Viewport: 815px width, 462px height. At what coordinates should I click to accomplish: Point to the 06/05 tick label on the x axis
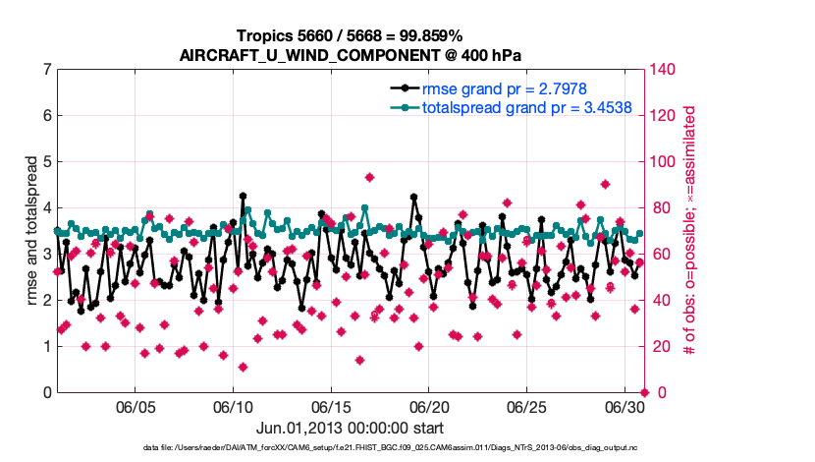pos(136,407)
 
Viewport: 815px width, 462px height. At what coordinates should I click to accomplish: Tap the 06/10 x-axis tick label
pos(233,407)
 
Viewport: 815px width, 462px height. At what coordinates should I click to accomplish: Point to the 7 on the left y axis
pos(46,70)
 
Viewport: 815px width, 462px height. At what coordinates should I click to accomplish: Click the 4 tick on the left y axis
pos(46,207)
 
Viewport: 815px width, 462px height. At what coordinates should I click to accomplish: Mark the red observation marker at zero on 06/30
pos(644,392)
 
